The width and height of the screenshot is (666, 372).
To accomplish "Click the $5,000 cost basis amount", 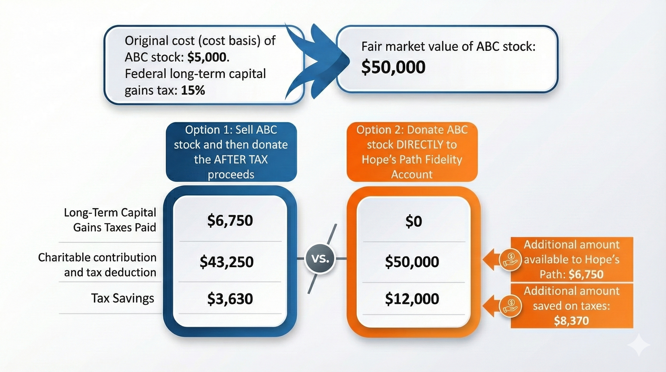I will pos(207,57).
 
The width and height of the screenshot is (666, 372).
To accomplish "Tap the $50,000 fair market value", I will pos(393,67).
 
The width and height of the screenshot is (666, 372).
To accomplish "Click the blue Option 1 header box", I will pos(231,152).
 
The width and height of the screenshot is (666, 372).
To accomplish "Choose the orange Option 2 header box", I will pos(412,152).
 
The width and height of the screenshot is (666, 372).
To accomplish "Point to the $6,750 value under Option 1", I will pos(230,221).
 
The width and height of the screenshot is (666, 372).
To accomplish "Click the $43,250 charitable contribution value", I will pos(227,262).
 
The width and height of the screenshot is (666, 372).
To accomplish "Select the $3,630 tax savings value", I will pos(230,299).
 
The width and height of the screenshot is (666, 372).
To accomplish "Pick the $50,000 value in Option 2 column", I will pos(412,262).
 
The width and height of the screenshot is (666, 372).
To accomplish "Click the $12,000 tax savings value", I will pos(412,299).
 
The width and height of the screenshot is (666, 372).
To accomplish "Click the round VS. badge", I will pos(320,259).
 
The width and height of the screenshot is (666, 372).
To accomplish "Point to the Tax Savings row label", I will pos(123,298).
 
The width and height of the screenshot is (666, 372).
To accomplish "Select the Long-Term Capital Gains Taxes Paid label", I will pos(110,220).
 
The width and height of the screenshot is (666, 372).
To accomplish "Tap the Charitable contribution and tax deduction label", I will pos(97,265).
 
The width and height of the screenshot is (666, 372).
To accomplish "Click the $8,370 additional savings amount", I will pos(571,321).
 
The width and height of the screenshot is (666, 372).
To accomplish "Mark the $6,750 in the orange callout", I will pos(586,274).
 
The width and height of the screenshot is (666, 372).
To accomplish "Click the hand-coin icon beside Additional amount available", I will pos(510,259).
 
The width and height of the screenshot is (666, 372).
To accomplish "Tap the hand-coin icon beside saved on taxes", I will pos(510,306).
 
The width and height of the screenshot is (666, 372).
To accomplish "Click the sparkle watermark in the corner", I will pos(639,345).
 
